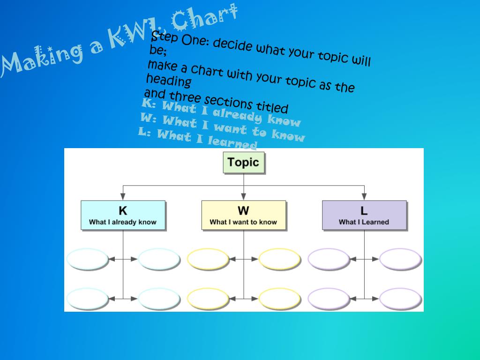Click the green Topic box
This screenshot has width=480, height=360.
click(x=244, y=163)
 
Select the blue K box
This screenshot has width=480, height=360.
click(x=123, y=215)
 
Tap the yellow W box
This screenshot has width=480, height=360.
click(x=244, y=215)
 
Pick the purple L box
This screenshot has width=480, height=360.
click(x=364, y=215)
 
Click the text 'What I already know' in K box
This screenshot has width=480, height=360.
click(x=123, y=222)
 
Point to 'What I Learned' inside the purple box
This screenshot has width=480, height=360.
click(x=364, y=222)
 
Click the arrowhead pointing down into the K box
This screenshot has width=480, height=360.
click(x=123, y=197)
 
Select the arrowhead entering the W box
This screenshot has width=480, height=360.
click(x=243, y=197)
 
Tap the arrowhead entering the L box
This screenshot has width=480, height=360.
click(x=364, y=197)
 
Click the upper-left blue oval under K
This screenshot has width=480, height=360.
click(x=88, y=259)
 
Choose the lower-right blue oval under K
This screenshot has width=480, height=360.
click(x=159, y=299)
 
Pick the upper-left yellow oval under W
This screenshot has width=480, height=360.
click(x=208, y=259)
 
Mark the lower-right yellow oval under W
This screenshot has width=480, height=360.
click(x=280, y=299)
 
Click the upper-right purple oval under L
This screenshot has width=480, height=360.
click(x=400, y=259)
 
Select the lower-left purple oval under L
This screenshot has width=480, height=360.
click(x=329, y=299)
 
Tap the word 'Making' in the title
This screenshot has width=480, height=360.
click(x=42, y=60)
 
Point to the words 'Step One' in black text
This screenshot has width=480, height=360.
click(x=180, y=39)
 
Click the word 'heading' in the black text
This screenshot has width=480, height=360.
click(x=169, y=81)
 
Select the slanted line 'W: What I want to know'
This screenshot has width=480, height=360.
click(x=223, y=127)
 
